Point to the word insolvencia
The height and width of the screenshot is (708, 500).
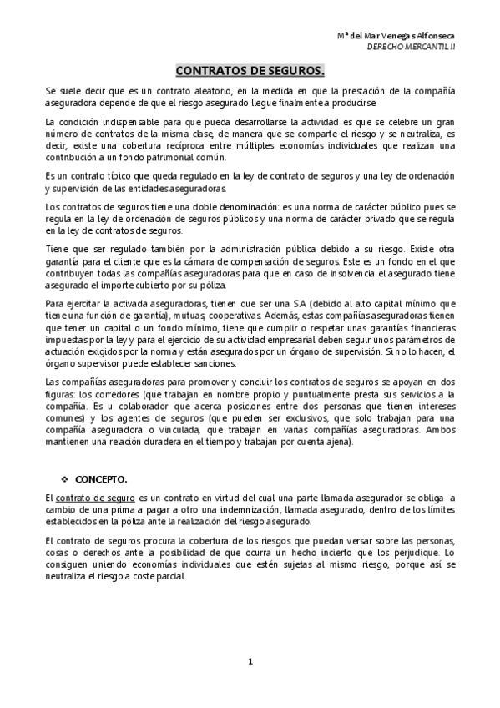(316, 269)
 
